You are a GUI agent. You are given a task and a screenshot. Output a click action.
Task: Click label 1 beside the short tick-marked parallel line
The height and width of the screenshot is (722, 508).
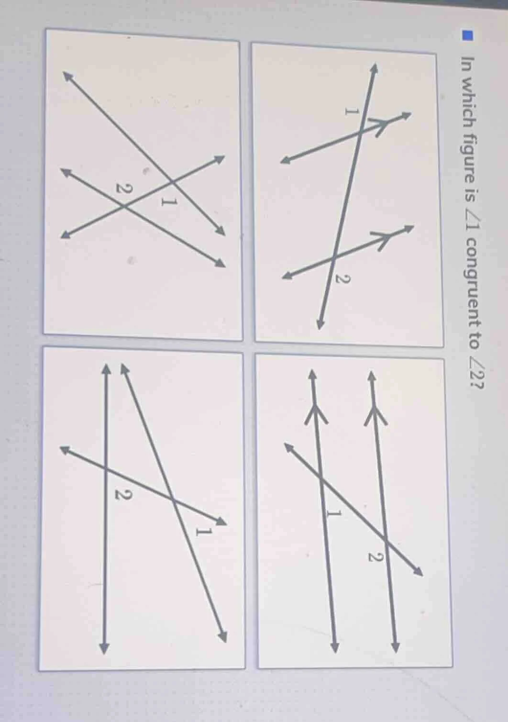click(x=352, y=111)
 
